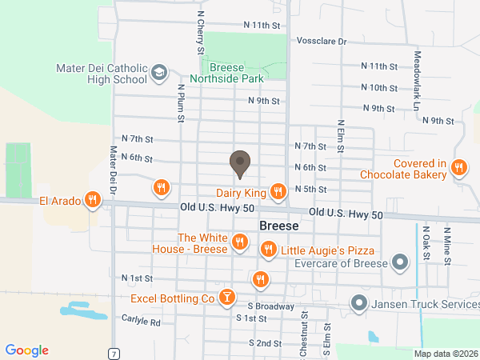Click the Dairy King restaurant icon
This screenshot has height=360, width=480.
pyautogui.click(x=278, y=191)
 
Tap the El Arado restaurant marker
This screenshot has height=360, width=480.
pyautogui.click(x=93, y=200)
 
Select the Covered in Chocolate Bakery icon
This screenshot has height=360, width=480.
pyautogui.click(x=458, y=168)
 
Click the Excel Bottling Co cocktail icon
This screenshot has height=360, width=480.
pyautogui.click(x=227, y=298)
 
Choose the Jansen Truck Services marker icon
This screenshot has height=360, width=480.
pyautogui.click(x=359, y=304)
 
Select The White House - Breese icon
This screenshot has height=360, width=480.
pyautogui.click(x=239, y=242)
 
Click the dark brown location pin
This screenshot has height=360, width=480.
pyautogui.click(x=239, y=164)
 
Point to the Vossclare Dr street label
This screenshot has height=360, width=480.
pyautogui.click(x=320, y=41)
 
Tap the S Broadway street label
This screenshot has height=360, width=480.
pyautogui.click(x=271, y=306)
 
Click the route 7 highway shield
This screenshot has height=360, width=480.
pyautogui.click(x=115, y=353)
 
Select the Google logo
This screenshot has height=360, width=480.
pyautogui.click(x=26, y=350)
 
